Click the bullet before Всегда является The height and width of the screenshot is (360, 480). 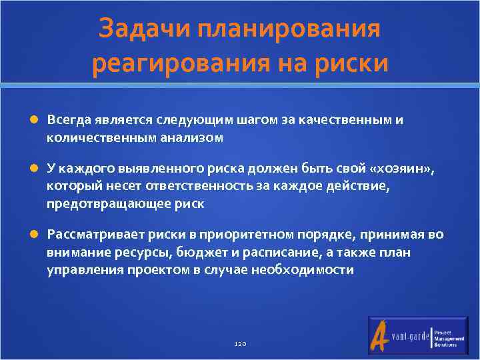[35, 120]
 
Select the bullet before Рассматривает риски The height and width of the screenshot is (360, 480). [35, 235]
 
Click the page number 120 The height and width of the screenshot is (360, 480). [240, 343]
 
